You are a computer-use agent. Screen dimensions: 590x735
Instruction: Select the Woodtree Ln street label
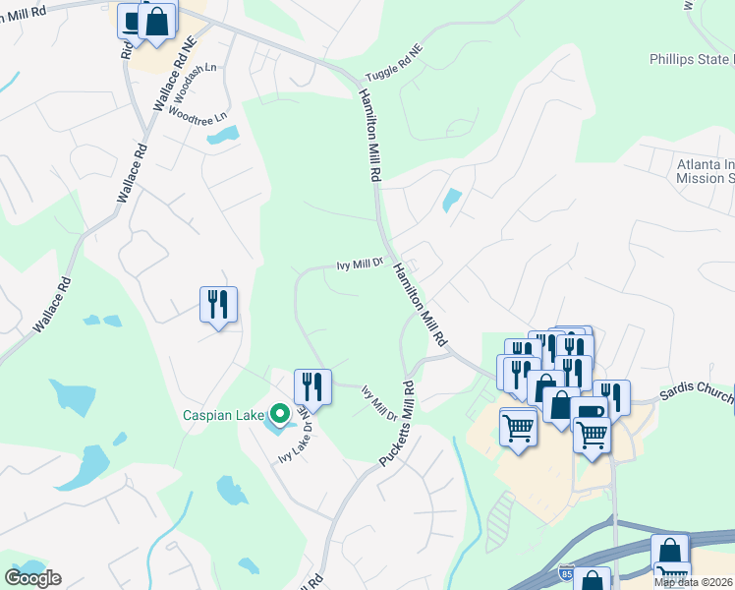click(198, 114)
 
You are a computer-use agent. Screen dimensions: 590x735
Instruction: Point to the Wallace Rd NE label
click(163, 85)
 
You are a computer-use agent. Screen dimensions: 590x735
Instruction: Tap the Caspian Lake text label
click(225, 415)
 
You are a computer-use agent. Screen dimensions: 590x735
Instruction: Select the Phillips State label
click(691, 59)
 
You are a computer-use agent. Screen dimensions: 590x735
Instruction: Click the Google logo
click(32, 577)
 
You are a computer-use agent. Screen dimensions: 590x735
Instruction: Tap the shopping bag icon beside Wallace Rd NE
click(156, 21)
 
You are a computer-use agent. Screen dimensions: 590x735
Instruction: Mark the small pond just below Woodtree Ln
click(222, 135)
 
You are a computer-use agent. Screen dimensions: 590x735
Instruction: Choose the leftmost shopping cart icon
click(518, 427)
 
